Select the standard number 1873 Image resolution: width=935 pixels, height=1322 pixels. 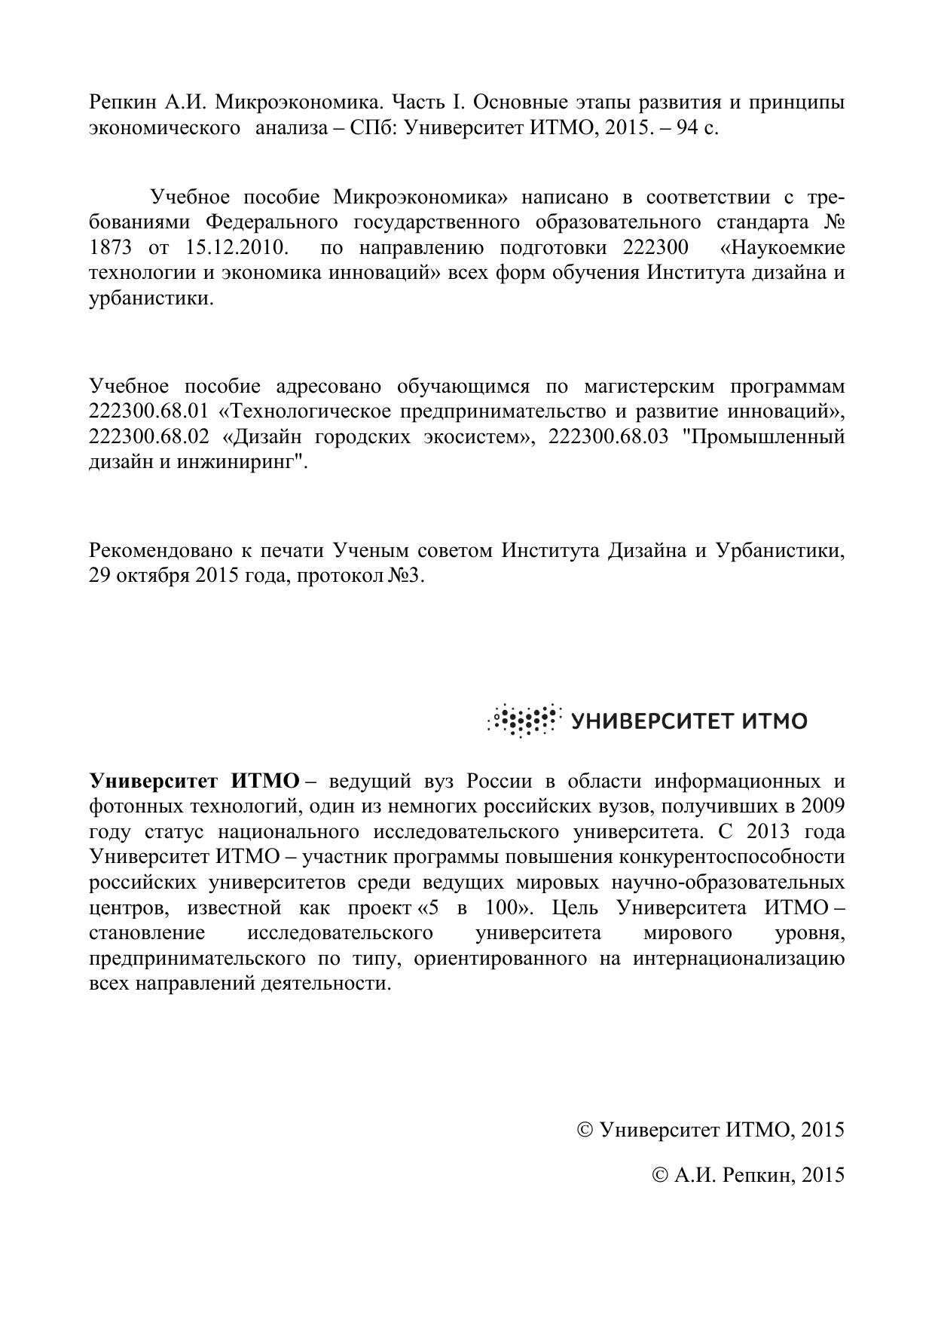tap(110, 248)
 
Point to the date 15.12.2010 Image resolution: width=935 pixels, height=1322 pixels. tap(234, 248)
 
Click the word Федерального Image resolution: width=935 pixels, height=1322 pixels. tap(270, 223)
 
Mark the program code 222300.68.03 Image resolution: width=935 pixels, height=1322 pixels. tap(609, 437)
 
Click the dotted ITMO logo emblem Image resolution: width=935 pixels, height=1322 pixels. tap(524, 721)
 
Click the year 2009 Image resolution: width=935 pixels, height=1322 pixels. tap(823, 806)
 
